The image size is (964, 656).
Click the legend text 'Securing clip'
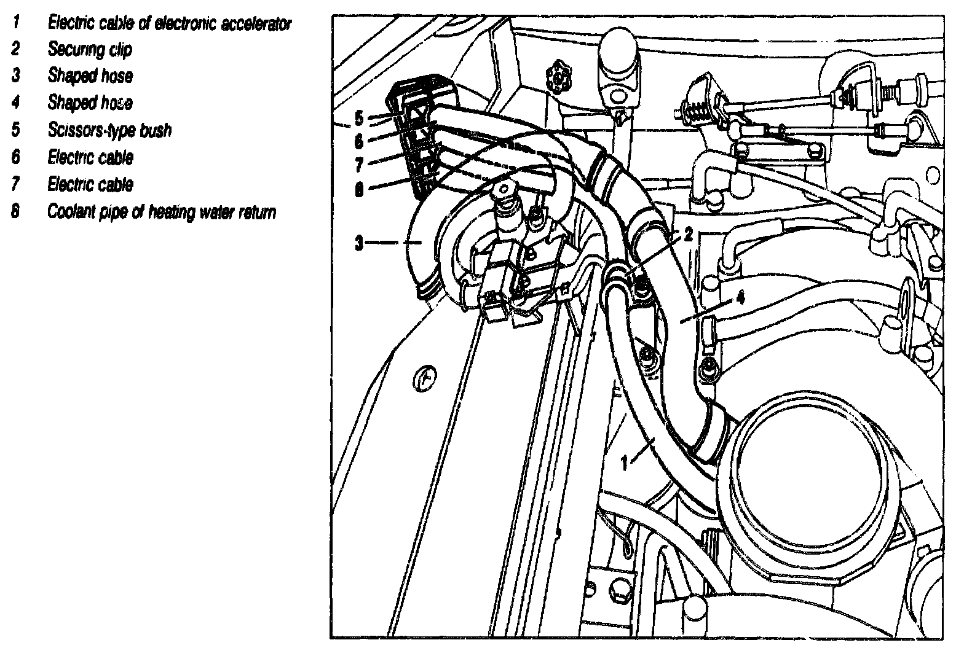click(x=90, y=50)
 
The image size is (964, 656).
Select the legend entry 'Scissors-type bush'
click(x=109, y=130)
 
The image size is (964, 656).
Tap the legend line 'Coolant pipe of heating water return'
click(x=162, y=212)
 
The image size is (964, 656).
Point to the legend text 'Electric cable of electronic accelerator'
click(x=169, y=23)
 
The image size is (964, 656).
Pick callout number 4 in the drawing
click(x=740, y=299)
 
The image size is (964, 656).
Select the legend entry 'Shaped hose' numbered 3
click(x=90, y=76)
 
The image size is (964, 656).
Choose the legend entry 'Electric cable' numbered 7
click(x=90, y=184)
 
